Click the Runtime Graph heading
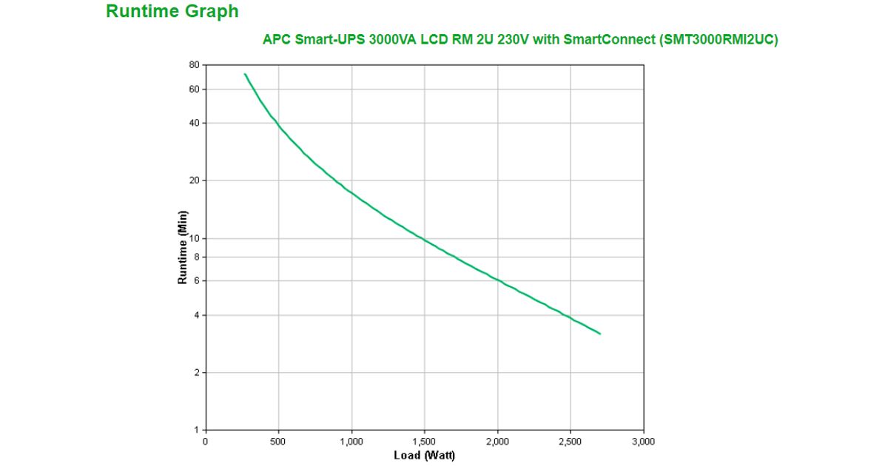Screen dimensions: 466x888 (x=172, y=12)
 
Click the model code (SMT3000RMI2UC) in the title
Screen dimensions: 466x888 (x=718, y=40)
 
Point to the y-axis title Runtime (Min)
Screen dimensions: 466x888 (x=183, y=248)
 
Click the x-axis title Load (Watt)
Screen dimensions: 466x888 (x=424, y=455)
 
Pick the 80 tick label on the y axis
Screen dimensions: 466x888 (x=195, y=65)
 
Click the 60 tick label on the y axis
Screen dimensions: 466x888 (x=195, y=90)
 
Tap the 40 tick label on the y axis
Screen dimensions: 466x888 (x=195, y=123)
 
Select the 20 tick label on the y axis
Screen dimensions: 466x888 (x=195, y=180)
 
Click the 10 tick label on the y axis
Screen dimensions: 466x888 (x=195, y=238)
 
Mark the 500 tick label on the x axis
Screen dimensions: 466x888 (x=278, y=442)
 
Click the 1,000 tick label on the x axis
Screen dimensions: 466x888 (x=351, y=442)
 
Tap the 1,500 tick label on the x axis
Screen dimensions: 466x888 (x=424, y=442)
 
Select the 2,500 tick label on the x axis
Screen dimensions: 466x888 (x=571, y=442)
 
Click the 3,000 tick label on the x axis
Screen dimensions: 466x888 (x=644, y=442)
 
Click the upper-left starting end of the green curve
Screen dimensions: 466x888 (x=245, y=74)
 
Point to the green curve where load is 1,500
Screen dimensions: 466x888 (x=424, y=240)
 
